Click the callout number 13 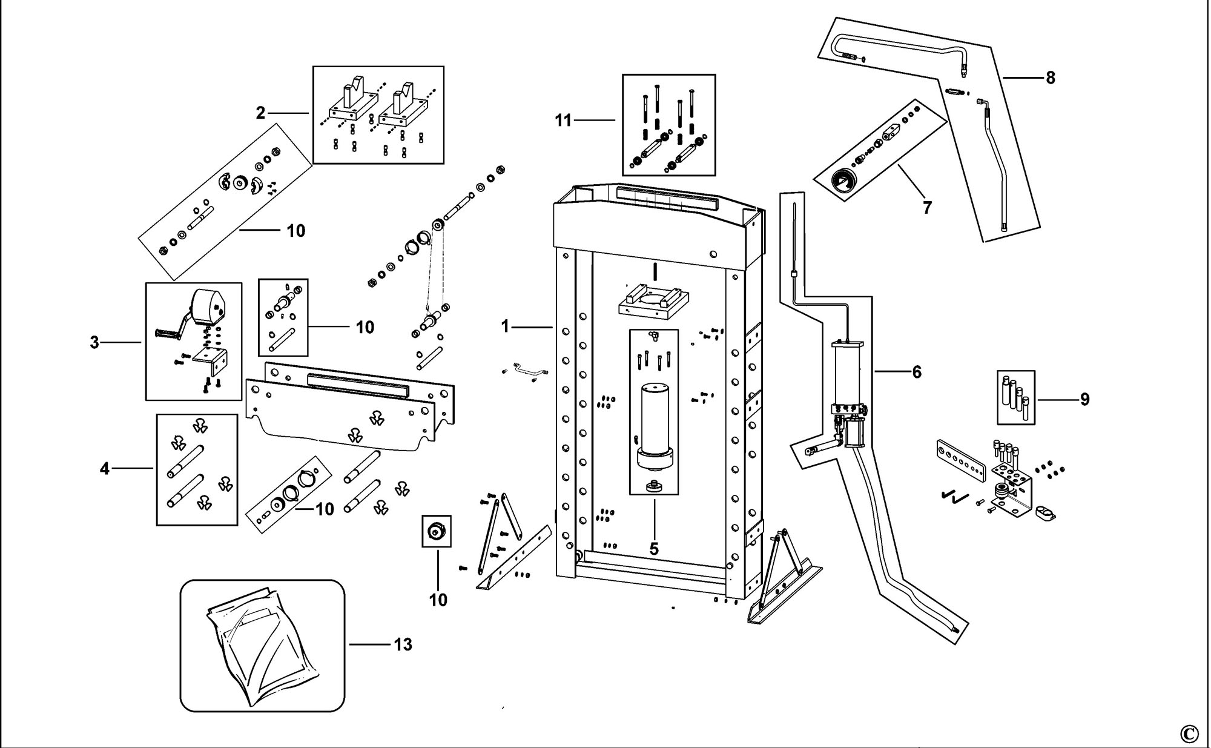click(x=403, y=644)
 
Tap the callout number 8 click(x=1050, y=78)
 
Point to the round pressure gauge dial click(x=843, y=181)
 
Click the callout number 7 click(x=927, y=208)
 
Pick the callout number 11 click(x=563, y=121)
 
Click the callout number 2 click(x=260, y=113)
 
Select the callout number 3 click(x=94, y=343)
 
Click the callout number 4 click(x=105, y=468)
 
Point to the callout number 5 click(x=654, y=549)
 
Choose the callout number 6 click(x=917, y=372)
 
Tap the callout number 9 click(x=1084, y=399)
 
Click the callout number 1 click(x=506, y=327)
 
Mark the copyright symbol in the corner click(x=1189, y=734)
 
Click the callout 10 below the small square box click(x=438, y=600)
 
